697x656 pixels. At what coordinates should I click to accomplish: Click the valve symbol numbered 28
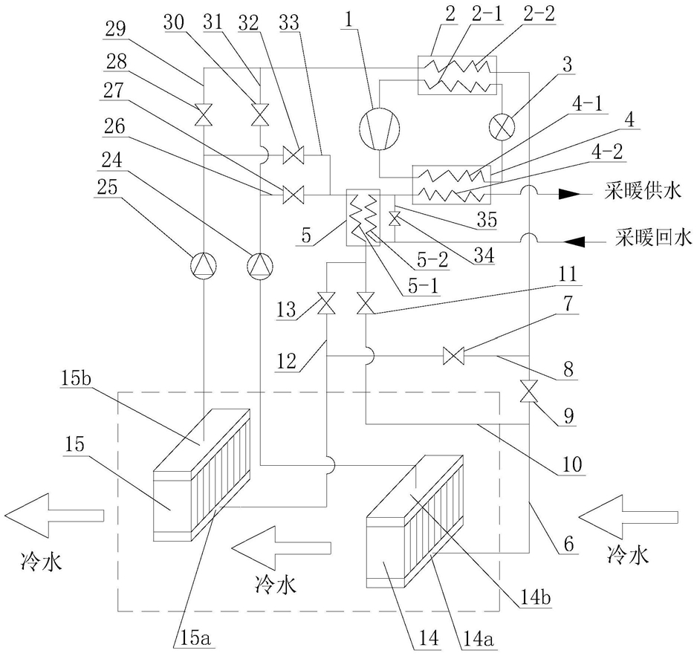pyautogui.click(x=204, y=115)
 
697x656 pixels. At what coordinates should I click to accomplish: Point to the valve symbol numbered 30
pyautogui.click(x=260, y=115)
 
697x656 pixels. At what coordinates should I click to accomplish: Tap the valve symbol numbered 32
pyautogui.click(x=294, y=155)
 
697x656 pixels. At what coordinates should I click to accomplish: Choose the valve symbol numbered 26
pyautogui.click(x=294, y=195)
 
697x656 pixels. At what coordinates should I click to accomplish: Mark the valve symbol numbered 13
pyautogui.click(x=327, y=305)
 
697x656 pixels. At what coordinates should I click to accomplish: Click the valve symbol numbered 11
pyautogui.click(x=366, y=305)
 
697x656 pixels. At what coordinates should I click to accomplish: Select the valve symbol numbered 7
pyautogui.click(x=454, y=356)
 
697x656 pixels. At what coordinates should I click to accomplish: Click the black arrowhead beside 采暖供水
pyautogui.click(x=569, y=194)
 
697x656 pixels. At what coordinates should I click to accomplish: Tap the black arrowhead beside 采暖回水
pyautogui.click(x=574, y=241)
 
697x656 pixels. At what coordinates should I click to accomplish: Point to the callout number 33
pyautogui.click(x=289, y=22)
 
